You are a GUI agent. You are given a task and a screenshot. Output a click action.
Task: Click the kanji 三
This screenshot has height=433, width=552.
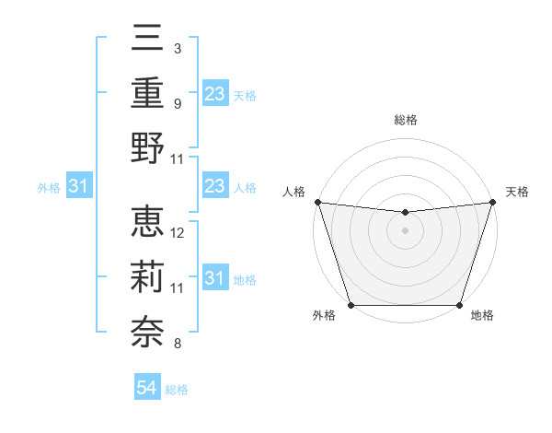tap(147, 40)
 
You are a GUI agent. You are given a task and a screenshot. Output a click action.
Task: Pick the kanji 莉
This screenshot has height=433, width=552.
tap(147, 275)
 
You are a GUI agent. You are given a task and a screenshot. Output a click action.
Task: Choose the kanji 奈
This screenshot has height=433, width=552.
tap(147, 328)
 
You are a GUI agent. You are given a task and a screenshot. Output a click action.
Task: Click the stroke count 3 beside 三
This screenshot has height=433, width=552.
tap(177, 47)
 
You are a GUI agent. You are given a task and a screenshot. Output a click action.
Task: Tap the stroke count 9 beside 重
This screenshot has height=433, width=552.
tap(177, 103)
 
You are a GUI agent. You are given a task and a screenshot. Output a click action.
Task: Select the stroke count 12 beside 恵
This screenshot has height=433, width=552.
tap(178, 232)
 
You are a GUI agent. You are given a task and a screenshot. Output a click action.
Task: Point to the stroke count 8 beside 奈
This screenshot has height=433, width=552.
tap(177, 345)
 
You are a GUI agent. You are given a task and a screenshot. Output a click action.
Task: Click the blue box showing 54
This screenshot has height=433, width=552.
tap(147, 389)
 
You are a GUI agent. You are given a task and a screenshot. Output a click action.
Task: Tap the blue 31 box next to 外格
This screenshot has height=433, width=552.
tap(79, 187)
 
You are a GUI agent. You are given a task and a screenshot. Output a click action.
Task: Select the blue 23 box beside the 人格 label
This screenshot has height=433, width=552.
tap(215, 187)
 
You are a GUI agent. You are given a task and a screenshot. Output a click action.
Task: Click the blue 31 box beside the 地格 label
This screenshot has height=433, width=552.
tap(215, 278)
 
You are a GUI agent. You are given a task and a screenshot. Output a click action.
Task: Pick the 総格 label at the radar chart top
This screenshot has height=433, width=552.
tap(405, 121)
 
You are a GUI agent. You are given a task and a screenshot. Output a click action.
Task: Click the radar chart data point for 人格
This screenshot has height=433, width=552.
tap(317, 202)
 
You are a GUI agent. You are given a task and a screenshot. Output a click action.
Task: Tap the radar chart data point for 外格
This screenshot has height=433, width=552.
tap(351, 305)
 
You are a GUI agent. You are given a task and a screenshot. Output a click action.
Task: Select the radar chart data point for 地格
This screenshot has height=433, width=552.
tap(459, 305)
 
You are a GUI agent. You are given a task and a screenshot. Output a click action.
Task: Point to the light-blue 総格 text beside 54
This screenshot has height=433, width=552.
tap(177, 390)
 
